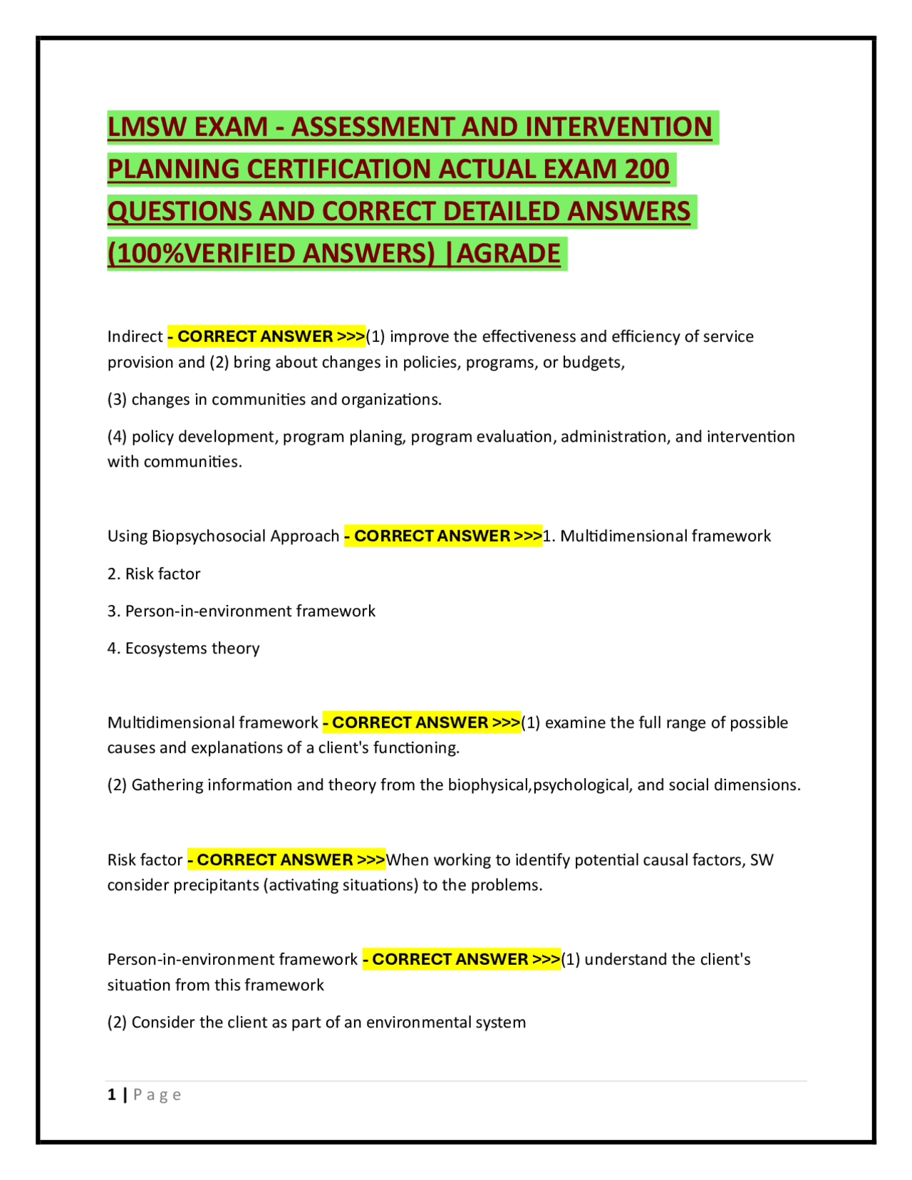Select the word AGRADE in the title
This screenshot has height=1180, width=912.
click(x=509, y=254)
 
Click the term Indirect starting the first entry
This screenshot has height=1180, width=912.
click(x=135, y=336)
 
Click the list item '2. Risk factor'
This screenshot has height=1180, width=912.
click(x=154, y=574)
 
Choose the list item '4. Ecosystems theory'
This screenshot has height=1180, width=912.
click(x=183, y=648)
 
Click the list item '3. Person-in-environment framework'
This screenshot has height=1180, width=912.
click(x=241, y=611)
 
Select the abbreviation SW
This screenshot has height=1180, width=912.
click(x=762, y=860)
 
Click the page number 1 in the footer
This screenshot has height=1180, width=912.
click(x=112, y=1095)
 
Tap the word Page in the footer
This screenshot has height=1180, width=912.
click(x=157, y=1095)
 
